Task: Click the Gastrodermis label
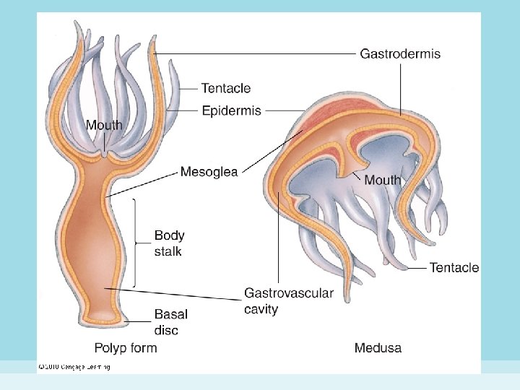tap(400, 54)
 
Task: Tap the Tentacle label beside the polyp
tap(226, 88)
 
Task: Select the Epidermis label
tap(231, 110)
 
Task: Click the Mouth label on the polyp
tap(104, 125)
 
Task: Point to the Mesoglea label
tap(209, 172)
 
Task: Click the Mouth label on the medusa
tap(382, 180)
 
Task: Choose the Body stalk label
tap(169, 243)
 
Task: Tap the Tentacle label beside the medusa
tap(454, 268)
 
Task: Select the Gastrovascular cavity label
tap(288, 300)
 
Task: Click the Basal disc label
tap(170, 322)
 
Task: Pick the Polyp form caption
tap(126, 348)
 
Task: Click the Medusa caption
tap(378, 348)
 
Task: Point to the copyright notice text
tap(74, 367)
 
